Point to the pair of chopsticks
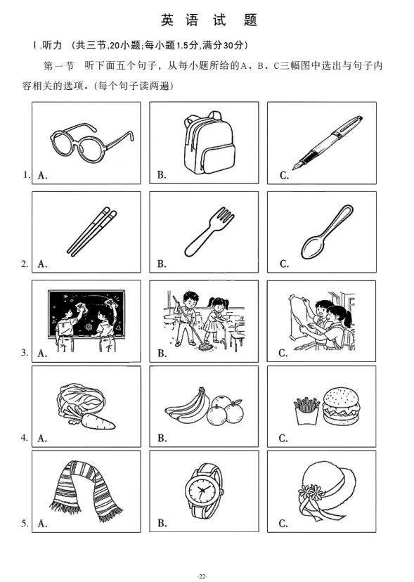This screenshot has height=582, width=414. (x=91, y=232)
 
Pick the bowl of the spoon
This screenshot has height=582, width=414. (x=312, y=247)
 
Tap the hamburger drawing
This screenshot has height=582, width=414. (x=341, y=406)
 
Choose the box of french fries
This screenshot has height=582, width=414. (x=306, y=411)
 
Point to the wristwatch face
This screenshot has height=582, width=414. (x=202, y=492)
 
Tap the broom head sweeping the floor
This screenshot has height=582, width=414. (x=205, y=348)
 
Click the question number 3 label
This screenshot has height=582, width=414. (x=25, y=352)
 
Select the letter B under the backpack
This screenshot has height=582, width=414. (x=162, y=175)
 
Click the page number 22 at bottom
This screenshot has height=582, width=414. (x=202, y=576)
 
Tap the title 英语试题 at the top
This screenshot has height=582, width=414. (x=209, y=20)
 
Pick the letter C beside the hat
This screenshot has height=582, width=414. (x=283, y=524)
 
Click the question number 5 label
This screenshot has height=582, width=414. (x=25, y=524)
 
